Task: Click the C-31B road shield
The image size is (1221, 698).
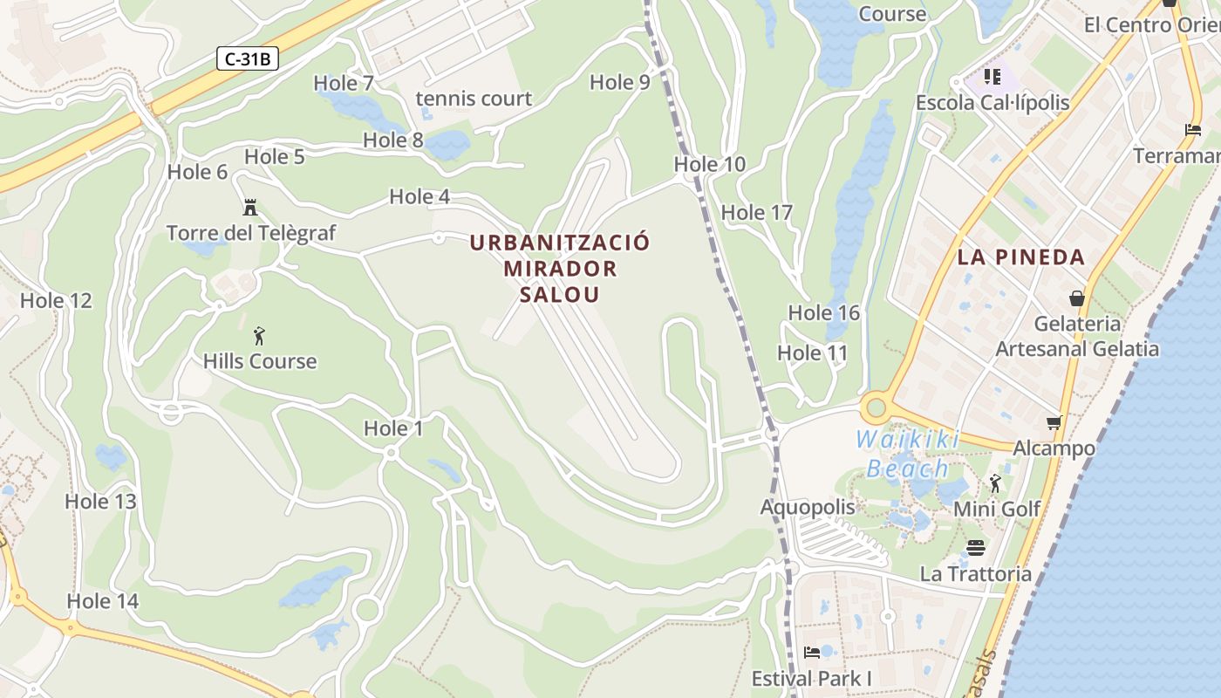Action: coord(248,59)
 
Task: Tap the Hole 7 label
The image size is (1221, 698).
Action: coord(343,83)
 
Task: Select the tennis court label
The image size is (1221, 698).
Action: coord(474,99)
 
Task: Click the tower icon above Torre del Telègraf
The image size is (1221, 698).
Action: coord(250,208)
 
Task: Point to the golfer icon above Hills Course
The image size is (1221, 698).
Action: coord(259,336)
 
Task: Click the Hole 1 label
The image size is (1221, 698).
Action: coord(392,428)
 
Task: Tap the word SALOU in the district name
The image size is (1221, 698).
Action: coord(560,294)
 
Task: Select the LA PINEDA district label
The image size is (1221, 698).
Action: coord(1020,257)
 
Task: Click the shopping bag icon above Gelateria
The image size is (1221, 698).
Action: coord(1077,298)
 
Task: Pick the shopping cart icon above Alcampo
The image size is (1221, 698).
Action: coord(1054,423)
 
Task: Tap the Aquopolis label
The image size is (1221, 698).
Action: coord(808,507)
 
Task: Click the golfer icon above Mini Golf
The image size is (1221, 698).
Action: coord(995,483)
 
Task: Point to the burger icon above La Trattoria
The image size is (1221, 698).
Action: coord(976,548)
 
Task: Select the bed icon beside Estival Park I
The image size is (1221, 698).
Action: coord(812,652)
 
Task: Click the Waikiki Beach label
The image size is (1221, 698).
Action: coord(907,454)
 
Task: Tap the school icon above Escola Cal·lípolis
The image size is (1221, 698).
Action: coord(992,77)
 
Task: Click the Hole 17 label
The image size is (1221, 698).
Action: coord(756,212)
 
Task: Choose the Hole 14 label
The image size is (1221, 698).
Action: coord(102,601)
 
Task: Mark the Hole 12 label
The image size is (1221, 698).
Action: coord(56,301)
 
